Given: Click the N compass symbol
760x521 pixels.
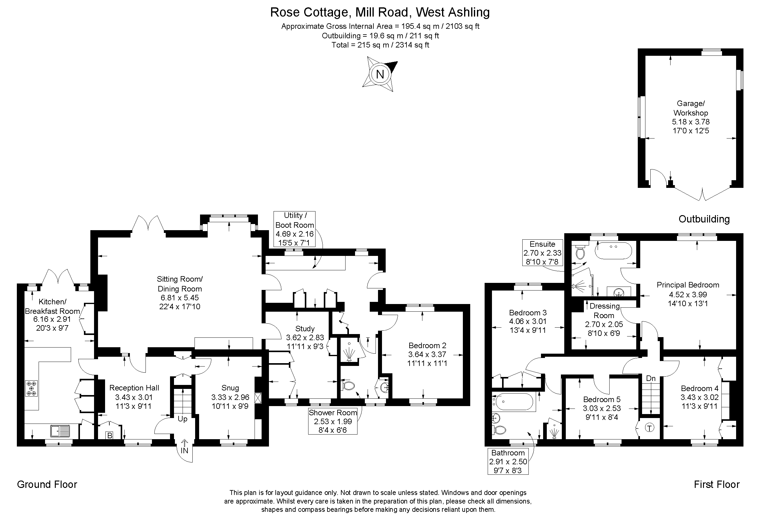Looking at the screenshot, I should click(380, 74).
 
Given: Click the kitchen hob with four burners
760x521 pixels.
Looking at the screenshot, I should click(31, 389).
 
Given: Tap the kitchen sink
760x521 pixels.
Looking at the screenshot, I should click(60, 431).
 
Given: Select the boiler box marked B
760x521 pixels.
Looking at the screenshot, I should click(110, 435).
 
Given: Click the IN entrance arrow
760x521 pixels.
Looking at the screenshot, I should click(184, 447).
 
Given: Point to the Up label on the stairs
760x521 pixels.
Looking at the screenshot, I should click(183, 419).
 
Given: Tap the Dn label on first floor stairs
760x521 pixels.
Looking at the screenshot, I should click(651, 378).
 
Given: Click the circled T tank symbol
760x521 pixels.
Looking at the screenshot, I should click(649, 428).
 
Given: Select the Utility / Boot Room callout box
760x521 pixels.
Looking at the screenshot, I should click(294, 229).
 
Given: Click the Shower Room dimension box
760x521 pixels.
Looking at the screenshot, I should click(333, 421).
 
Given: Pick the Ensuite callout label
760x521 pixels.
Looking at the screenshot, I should click(542, 253).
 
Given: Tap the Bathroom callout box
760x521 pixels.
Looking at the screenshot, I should click(508, 462).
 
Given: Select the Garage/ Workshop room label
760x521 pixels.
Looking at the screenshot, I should click(690, 108).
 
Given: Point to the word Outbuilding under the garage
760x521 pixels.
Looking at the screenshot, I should click(704, 219).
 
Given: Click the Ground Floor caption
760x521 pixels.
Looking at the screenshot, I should click(47, 484).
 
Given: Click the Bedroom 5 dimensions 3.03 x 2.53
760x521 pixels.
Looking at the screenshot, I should click(602, 408).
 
